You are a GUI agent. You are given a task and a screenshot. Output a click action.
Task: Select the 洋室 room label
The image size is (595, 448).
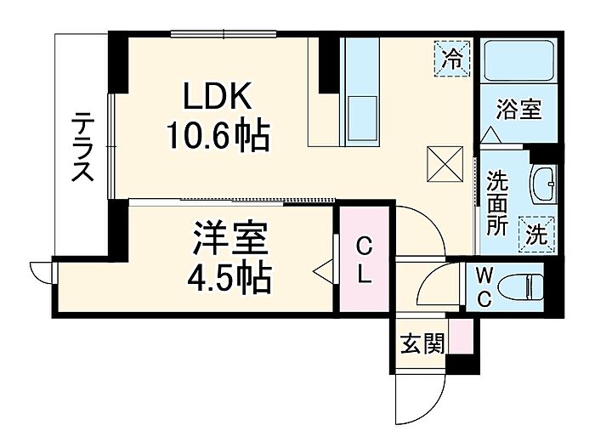pyautogui.click(x=230, y=240)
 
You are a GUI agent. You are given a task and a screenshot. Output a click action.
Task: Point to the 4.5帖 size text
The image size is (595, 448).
pyautogui.click(x=229, y=279)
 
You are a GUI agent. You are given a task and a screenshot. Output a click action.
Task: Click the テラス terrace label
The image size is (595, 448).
pyautogui.click(x=82, y=147)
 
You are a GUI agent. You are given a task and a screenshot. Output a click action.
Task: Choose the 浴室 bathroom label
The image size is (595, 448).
pyautogui.click(x=519, y=110)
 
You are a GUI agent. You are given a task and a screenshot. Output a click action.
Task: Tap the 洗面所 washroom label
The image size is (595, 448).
pyautogui.click(x=497, y=203)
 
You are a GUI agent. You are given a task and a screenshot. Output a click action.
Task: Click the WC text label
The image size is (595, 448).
pyautogui.click(x=484, y=287)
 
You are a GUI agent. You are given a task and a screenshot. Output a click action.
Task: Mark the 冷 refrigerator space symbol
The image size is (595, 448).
pyautogui.click(x=452, y=59)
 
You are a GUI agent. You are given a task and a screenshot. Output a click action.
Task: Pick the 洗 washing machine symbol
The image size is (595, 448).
pyautogui.click(x=537, y=235)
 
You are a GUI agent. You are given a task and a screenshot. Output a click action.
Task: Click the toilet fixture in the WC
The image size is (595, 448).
pyautogui.click(x=520, y=288)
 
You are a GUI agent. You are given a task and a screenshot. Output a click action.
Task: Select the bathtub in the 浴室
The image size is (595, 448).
pyautogui.click(x=518, y=60)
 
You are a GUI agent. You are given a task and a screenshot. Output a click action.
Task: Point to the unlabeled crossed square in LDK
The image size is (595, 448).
pyautogui.click(x=445, y=164)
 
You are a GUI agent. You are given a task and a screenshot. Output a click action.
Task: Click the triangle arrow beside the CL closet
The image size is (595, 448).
pyautogui.click(x=323, y=271)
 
